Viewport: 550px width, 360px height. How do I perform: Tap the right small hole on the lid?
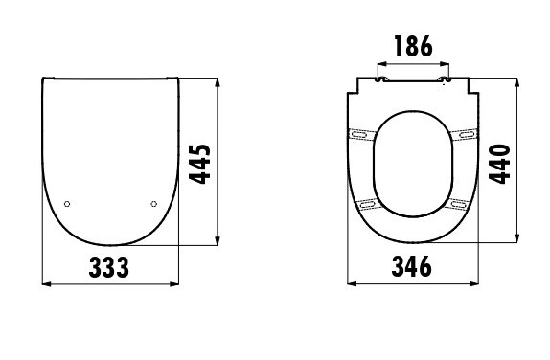155,204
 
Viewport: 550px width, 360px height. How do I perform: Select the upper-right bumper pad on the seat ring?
465,135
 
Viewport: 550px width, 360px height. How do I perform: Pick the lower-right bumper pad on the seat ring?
458,204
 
